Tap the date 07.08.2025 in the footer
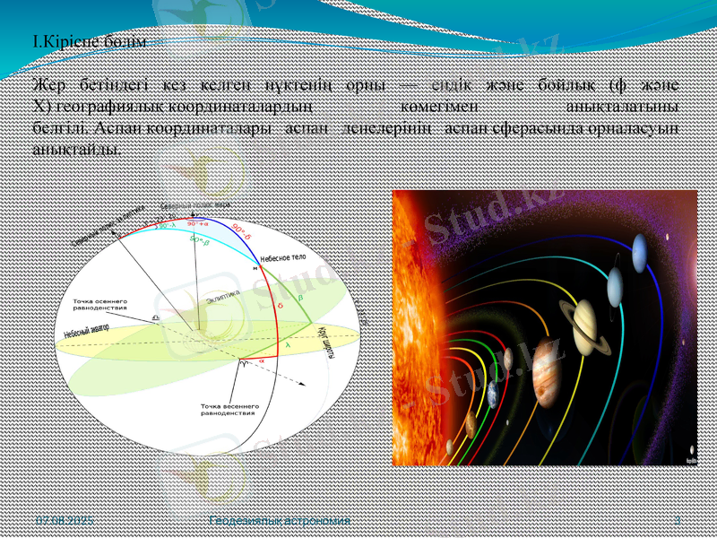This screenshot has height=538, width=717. click(64, 521)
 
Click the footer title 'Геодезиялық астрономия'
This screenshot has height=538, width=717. click(278, 521)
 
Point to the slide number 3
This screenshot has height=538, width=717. click(678, 521)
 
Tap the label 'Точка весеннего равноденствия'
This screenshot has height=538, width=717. click(229, 410)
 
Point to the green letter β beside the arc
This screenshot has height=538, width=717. click(299, 294)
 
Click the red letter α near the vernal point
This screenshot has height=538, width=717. click(262, 360)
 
